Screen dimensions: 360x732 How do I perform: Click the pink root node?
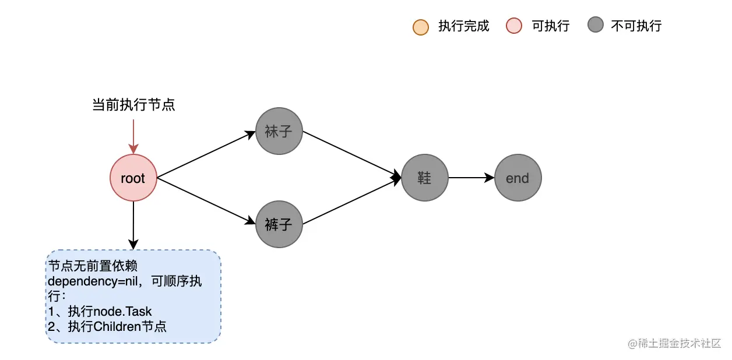pos(133,178)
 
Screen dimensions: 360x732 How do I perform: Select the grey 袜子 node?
pos(279,131)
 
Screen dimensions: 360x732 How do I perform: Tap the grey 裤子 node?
pos(279,224)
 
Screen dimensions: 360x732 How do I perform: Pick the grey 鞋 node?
pos(424,178)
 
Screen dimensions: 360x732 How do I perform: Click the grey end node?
pos(518,178)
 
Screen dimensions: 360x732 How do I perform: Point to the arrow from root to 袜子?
pos(206,154)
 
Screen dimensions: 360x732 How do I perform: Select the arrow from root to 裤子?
pos(206,201)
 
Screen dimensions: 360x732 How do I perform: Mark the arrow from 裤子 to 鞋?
pos(352,202)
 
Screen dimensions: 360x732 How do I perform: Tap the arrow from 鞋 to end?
pos(471,178)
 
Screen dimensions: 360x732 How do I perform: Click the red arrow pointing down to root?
pos(133,137)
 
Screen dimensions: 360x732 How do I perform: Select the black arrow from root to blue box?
pos(133,225)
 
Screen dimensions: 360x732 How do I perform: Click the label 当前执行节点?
pos(133,105)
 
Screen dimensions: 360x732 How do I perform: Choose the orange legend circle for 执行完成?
pos(420,27)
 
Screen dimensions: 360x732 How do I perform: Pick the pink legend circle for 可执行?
pos(514,26)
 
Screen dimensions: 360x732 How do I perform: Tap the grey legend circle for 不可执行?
pos(595,26)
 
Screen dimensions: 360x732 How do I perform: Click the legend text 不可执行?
pos(636,26)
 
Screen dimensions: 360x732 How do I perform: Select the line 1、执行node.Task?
pos(100,311)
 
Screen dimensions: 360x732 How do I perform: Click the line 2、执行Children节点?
pos(107,326)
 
